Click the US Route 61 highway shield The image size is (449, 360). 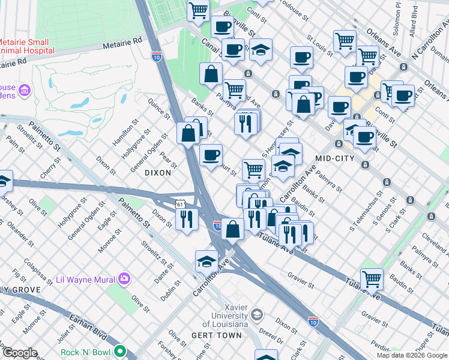[181, 205]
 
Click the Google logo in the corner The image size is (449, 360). [20, 352]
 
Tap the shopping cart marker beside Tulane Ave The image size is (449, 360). [372, 278]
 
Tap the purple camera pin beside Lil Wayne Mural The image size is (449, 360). [124, 278]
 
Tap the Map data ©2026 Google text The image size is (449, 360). [412, 355]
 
